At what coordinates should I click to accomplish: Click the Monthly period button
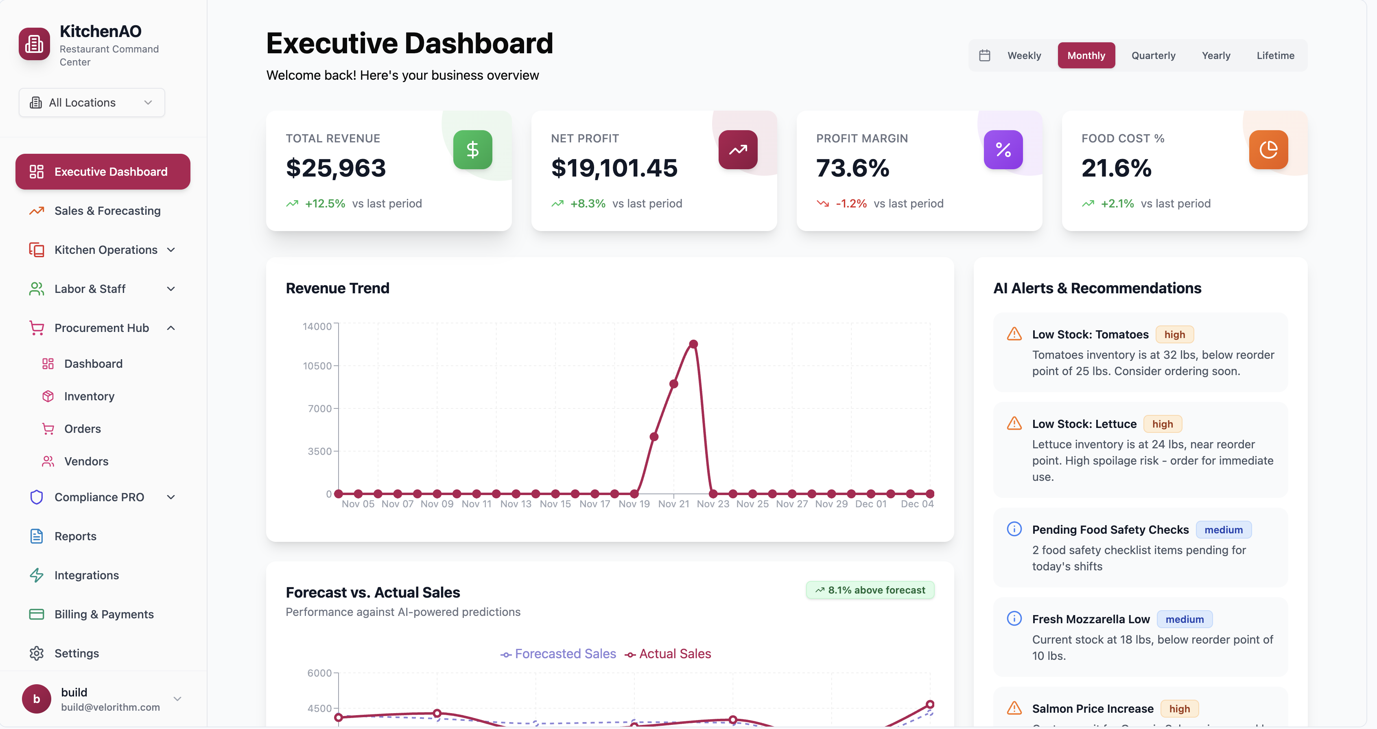tap(1086, 56)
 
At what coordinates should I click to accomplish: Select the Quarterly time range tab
tap(1153, 56)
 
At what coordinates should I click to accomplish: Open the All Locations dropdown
tap(92, 103)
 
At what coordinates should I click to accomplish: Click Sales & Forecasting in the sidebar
tap(107, 211)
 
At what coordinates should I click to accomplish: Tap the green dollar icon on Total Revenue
tap(472, 150)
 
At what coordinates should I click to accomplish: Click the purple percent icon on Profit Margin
tap(1003, 150)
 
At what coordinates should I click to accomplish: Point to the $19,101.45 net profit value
tap(614, 168)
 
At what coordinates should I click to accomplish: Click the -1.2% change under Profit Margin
tap(850, 204)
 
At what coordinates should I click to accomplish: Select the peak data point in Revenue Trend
tap(693, 344)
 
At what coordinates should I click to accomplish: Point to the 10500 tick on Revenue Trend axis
tap(317, 366)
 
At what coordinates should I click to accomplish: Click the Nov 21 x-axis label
tap(673, 504)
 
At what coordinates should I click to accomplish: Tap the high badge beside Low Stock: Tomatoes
tap(1174, 334)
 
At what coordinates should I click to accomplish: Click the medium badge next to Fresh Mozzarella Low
tap(1184, 620)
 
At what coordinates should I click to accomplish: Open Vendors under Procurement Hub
tap(86, 461)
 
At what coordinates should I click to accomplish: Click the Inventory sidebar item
tap(89, 396)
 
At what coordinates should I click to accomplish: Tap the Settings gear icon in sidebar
tap(36, 653)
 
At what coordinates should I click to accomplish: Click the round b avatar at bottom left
tap(36, 698)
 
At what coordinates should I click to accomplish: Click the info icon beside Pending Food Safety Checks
tap(1014, 529)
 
